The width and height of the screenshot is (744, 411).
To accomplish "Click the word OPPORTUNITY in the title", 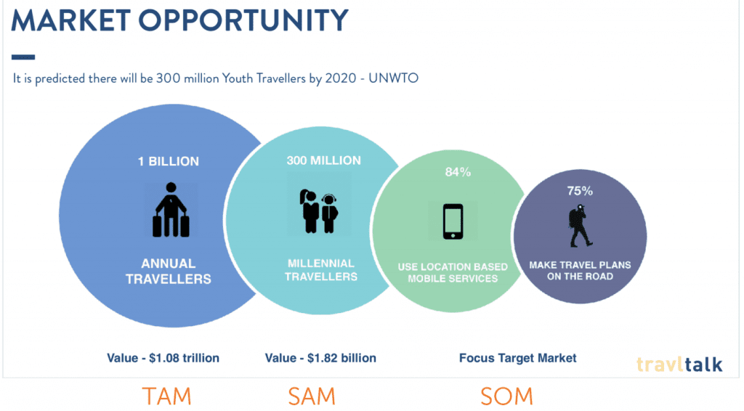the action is point(243,20).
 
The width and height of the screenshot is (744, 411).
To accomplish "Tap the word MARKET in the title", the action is point(70,20).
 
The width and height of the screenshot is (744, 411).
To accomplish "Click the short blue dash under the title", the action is point(23,57).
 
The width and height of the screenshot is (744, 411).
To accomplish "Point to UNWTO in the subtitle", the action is point(393,78).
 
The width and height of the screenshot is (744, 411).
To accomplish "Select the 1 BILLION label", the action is point(169,162).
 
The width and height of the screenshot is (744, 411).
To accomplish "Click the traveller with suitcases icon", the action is point(171,210).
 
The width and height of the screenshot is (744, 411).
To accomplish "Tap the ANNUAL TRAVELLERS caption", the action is point(169,271).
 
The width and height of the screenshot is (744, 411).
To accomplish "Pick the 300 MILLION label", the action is point(323,160).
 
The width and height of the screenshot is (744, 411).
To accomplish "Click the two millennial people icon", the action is point(318,211).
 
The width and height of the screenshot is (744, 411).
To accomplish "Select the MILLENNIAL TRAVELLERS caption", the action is point(320,269).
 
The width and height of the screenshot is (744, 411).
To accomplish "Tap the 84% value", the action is point(458,172).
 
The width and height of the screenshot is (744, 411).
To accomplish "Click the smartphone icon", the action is point(453,221).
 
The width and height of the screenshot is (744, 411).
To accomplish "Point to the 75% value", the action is point(580,191).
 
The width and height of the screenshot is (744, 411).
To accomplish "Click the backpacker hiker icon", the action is point(580,226).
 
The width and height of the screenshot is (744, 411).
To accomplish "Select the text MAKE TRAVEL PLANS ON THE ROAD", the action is point(580,271).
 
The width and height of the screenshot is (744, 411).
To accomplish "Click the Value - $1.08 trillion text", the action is point(163,358).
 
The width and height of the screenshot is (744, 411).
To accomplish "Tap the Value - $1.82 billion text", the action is point(320,358).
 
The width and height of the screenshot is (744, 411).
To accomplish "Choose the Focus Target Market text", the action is point(517,358).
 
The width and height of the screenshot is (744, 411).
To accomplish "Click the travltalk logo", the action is point(679,364).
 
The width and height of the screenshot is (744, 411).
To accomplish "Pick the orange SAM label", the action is point(312,396).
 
